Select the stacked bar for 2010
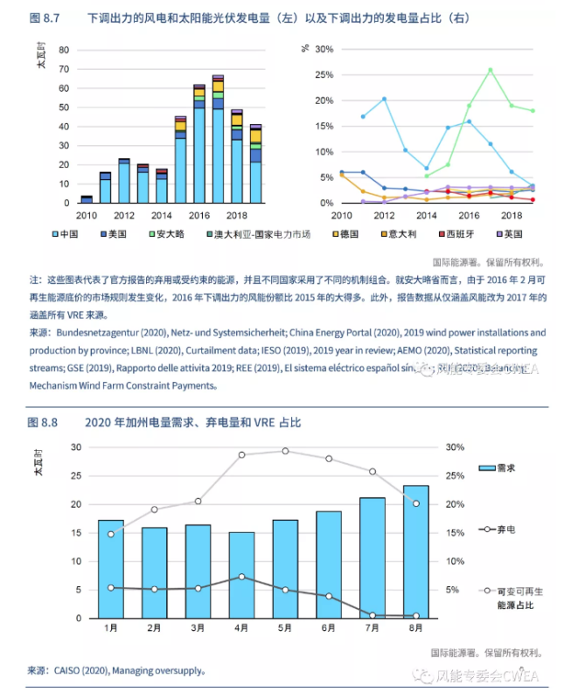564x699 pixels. [86, 199]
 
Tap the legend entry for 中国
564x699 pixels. [69, 234]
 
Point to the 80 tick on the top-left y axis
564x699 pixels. [64, 49]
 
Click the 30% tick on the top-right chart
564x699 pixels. [322, 49]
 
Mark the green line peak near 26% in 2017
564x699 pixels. [490, 70]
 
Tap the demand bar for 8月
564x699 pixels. [416, 551]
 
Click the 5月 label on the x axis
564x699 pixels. [285, 627]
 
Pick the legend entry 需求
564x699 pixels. [494, 468]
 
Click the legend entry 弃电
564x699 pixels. [494, 529]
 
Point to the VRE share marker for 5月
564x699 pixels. [285, 451]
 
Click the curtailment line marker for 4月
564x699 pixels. [242, 577]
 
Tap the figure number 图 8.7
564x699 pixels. [44, 17]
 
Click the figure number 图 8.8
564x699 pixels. [44, 422]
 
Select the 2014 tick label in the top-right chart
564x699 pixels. [426, 215]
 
